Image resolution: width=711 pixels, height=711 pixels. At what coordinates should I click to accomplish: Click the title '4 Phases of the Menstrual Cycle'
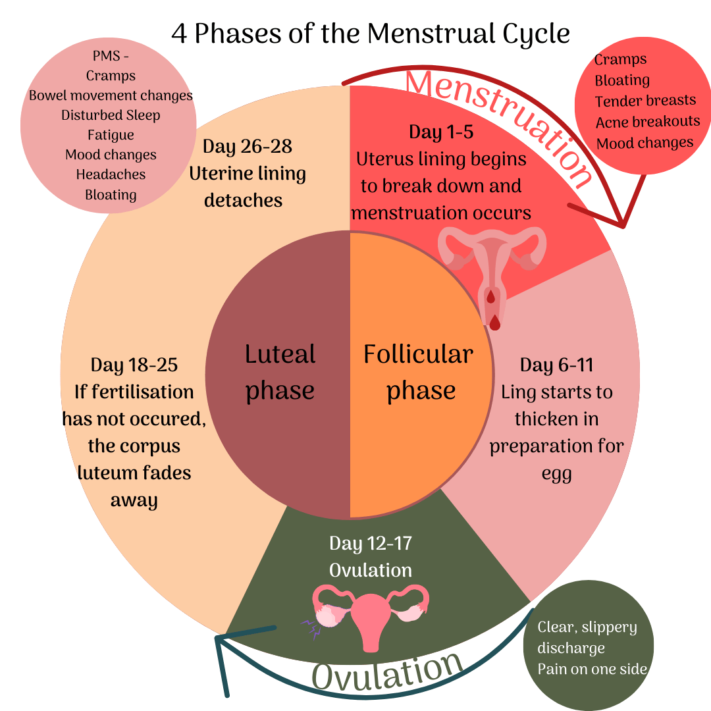coord(371,33)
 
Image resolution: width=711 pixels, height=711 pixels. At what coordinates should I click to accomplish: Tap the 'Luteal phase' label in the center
coord(280,372)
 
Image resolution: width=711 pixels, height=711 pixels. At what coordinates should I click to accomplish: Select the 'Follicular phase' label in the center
coord(419,372)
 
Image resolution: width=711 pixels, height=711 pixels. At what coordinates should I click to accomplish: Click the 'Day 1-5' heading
coord(440,132)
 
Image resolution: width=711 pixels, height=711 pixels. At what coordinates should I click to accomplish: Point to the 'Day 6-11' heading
coord(557,365)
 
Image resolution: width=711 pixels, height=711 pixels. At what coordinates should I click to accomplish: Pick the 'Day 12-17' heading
coord(371,544)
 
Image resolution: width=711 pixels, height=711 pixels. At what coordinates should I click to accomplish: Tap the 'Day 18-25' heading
coord(134,365)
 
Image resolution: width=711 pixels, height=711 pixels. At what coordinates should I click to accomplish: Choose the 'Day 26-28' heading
coord(247,146)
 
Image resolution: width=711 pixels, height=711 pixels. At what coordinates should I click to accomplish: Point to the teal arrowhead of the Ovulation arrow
coord(220,639)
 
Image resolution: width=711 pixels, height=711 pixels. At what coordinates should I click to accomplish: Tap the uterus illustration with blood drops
coord(492,270)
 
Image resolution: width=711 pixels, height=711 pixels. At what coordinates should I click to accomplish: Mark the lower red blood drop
coord(494,322)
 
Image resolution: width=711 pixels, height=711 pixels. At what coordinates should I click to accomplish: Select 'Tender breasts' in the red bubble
coord(645,101)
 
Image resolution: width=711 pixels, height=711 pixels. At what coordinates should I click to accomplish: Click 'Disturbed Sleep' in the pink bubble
coord(111,115)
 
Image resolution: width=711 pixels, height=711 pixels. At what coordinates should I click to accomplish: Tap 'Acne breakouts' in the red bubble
coord(648,122)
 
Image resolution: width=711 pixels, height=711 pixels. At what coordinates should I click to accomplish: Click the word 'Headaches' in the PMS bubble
coord(111,174)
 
